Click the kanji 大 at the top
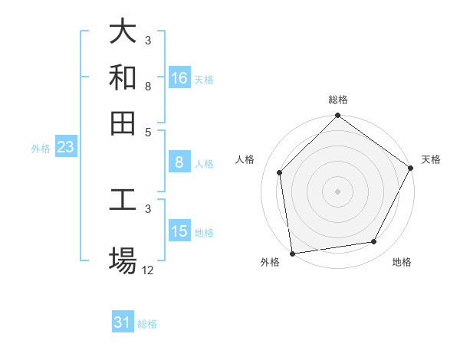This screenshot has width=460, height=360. pyautogui.click(x=123, y=32)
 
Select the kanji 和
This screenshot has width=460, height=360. pyautogui.click(x=123, y=77)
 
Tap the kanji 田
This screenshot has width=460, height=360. pyautogui.click(x=123, y=123)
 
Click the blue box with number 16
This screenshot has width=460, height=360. pyautogui.click(x=179, y=78)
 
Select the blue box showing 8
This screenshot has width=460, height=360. pyautogui.click(x=179, y=162)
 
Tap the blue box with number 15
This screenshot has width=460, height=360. pyautogui.click(x=179, y=231)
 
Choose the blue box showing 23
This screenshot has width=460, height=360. pyautogui.click(x=65, y=148)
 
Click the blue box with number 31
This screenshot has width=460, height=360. pyautogui.click(x=123, y=322)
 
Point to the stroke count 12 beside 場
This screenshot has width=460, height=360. pyautogui.click(x=148, y=270)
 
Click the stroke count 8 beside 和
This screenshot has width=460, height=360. pyautogui.click(x=148, y=86)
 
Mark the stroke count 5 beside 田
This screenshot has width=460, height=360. pyautogui.click(x=148, y=131)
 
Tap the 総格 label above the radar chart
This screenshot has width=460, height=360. pyautogui.click(x=338, y=100)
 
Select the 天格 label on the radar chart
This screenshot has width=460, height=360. pyautogui.click(x=431, y=159)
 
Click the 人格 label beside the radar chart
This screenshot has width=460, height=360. pyautogui.click(x=245, y=159)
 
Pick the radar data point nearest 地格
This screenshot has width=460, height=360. pyautogui.click(x=374, y=241)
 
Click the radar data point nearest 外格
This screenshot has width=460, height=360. pyautogui.click(x=292, y=253)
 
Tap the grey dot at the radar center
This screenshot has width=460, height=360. pyautogui.click(x=338, y=191)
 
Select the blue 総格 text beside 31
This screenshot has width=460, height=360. pyautogui.click(x=147, y=324)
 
